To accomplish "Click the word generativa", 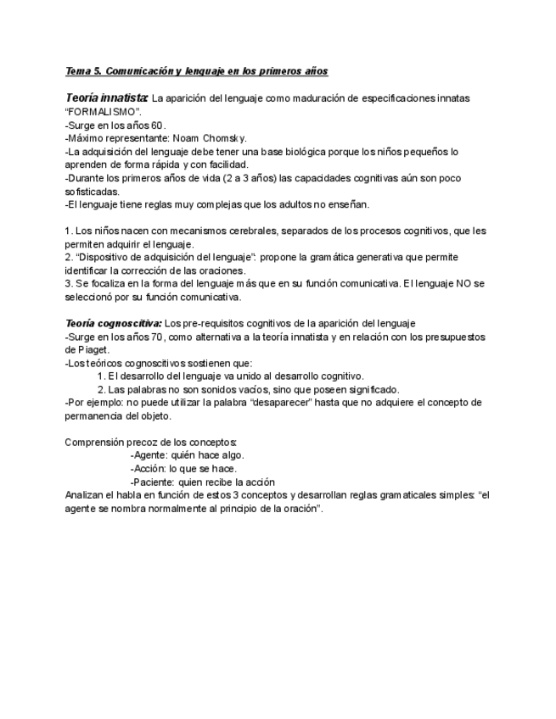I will tap(382, 258).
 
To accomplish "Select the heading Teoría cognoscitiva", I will tap(113, 323).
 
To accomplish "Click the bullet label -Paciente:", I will tap(156, 482).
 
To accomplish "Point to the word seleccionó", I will tap(93, 297).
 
